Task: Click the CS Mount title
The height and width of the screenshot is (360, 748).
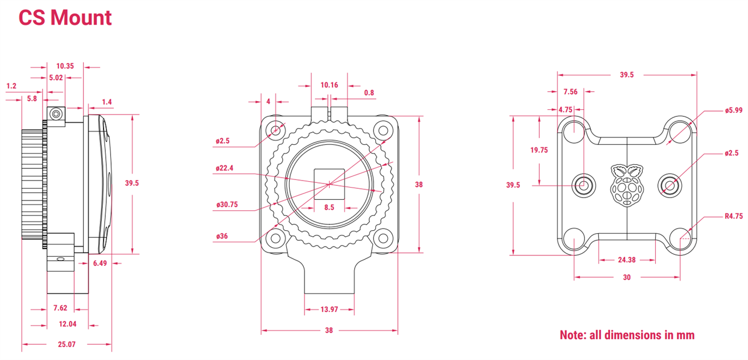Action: [65, 18]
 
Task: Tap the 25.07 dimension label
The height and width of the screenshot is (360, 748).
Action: [67, 344]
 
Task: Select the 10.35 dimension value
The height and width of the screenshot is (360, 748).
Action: [65, 66]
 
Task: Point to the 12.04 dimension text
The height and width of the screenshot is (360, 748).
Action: [67, 324]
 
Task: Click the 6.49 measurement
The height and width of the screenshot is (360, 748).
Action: [100, 264]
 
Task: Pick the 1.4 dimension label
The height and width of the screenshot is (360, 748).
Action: [107, 102]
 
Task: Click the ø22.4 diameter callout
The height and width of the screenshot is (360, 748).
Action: [224, 168]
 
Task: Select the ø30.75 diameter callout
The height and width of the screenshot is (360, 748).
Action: [227, 205]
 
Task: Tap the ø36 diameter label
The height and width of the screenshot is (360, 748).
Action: [222, 237]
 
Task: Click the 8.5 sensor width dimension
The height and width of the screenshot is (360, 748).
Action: [329, 207]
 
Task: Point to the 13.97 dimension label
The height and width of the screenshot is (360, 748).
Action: [329, 310]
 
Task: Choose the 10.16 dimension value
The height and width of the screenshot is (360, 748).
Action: [329, 85]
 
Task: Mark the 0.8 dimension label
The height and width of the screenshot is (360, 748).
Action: [369, 93]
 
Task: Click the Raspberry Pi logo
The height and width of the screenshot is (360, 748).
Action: [627, 185]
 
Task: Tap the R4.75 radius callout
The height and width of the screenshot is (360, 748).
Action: [733, 216]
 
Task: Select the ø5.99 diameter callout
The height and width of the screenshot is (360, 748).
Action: [733, 110]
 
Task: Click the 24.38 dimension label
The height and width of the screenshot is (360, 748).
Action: [627, 260]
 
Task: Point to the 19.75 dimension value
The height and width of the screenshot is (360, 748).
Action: [539, 150]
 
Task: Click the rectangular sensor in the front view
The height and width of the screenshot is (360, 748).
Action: [329, 184]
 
